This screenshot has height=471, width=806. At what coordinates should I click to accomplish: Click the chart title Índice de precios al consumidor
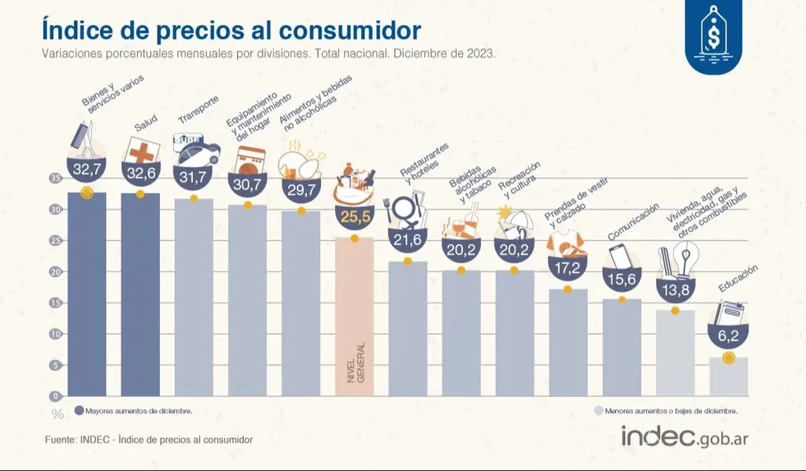tap(231, 31)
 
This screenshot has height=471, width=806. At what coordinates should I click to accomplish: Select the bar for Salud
tap(140, 295)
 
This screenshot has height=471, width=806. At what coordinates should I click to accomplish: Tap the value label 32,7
tap(87, 169)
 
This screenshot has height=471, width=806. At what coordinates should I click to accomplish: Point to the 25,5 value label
tap(354, 214)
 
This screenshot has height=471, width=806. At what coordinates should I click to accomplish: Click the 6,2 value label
tap(728, 335)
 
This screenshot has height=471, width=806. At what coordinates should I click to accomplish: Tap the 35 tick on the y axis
tap(55, 179)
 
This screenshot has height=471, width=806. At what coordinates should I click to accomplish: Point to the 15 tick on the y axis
tap(55, 303)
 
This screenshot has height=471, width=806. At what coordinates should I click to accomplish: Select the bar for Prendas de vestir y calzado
tap(568, 342)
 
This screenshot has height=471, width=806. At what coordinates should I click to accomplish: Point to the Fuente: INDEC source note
tap(147, 439)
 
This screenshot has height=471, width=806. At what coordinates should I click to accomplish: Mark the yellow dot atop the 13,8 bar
tap(675, 310)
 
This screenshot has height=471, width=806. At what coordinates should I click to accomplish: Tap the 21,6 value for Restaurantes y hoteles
tap(408, 238)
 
